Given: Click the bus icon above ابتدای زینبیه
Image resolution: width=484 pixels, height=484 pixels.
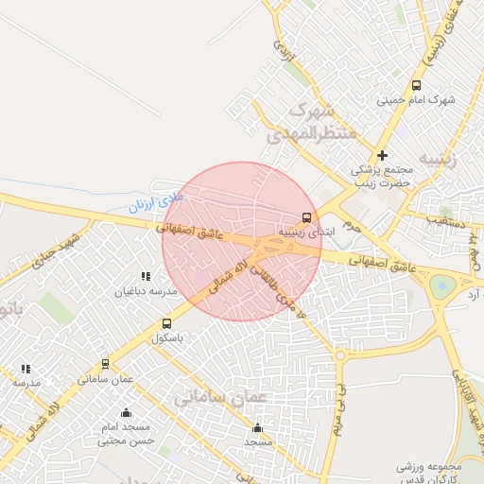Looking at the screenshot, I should click(x=304, y=217).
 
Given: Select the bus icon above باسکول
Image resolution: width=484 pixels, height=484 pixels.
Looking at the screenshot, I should click(x=167, y=324).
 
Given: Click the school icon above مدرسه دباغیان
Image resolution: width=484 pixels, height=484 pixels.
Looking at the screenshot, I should click(x=146, y=276).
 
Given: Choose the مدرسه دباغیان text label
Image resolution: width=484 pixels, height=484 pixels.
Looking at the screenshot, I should click(x=146, y=291).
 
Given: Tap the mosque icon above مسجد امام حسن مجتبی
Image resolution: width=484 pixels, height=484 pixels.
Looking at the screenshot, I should click(x=126, y=412).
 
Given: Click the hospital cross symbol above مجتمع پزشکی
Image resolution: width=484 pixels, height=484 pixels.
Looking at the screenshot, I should click(x=382, y=155).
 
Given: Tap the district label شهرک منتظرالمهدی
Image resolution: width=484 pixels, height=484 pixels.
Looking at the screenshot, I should click(x=312, y=123).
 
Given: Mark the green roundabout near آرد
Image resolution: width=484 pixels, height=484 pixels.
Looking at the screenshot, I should click(x=442, y=285).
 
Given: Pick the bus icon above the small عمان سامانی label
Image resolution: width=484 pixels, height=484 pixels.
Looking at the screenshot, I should click(x=105, y=364).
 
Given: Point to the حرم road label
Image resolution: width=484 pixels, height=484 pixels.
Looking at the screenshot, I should click(x=351, y=226).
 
